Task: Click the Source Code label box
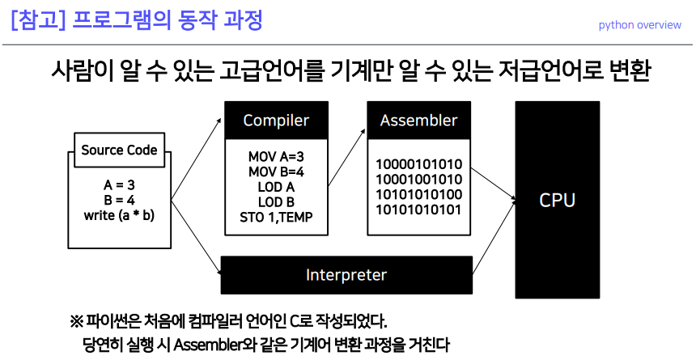119,150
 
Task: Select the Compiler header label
276,121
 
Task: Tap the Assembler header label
418,121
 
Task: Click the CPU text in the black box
557,200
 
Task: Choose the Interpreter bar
346,275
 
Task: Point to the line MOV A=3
276,157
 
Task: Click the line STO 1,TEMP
276,218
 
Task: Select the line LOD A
276,187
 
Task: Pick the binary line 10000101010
418,163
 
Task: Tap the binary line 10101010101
418,210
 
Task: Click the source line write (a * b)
119,216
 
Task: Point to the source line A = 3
119,185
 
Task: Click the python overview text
639,25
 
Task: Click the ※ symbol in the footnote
77,320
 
